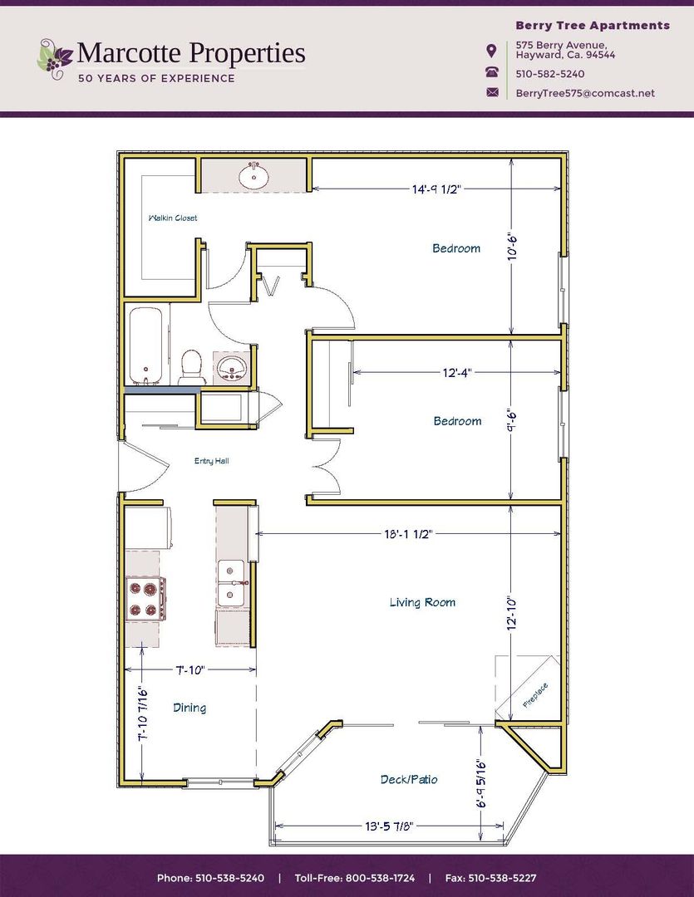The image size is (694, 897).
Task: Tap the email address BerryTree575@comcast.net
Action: pos(584,93)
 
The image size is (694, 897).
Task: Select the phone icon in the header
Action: pos(492,73)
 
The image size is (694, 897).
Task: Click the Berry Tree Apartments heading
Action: pos(592,26)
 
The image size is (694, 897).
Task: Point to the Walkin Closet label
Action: pos(172,218)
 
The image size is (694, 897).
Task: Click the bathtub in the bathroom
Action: pos(146,345)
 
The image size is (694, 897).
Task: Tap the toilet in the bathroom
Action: pos(192,365)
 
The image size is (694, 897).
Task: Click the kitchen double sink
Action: pos(231,584)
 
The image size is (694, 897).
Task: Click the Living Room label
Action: pos(422,602)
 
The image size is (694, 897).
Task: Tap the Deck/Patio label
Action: pos(409,779)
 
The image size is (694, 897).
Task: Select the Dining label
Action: pos(189,708)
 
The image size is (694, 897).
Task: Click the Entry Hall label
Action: pos(211,461)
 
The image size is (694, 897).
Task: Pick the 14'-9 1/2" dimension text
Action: pos(436,189)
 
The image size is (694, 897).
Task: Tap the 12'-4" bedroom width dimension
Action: pos(457,372)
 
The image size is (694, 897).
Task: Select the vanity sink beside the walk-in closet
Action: pos(253,176)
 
